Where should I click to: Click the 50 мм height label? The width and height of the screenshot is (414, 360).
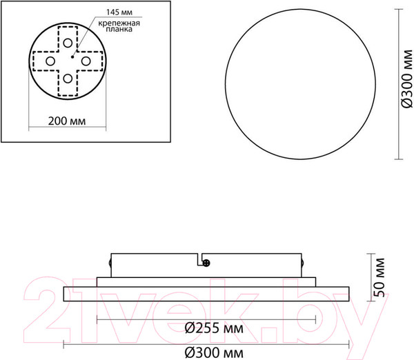pos(377,276)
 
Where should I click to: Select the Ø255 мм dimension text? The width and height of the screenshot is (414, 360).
pos(206,328)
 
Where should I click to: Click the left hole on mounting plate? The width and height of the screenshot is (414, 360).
pos(50,61)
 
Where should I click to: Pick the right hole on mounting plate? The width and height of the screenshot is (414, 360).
pos(86,61)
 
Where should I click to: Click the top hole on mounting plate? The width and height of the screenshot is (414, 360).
pos(68,42)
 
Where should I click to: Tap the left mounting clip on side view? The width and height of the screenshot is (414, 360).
pos(111,263)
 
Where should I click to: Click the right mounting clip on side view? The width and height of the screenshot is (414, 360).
pos(302,263)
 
